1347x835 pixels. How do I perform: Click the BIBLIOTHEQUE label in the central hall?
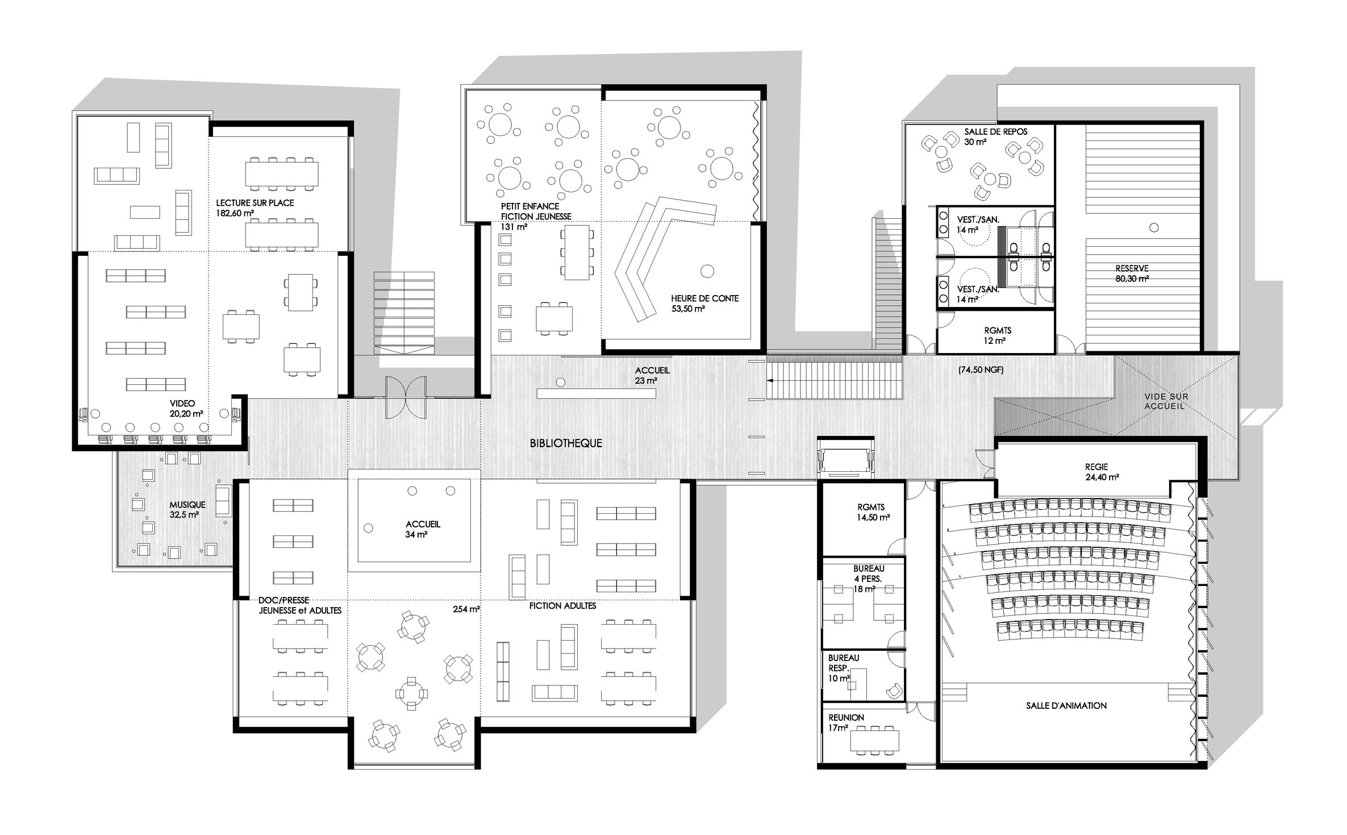point(566,443)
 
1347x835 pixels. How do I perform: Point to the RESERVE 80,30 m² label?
point(1132,273)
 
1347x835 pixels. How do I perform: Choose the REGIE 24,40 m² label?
point(1102,472)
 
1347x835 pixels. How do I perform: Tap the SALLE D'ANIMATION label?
point(1066,705)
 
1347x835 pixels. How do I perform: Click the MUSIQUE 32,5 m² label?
point(187,510)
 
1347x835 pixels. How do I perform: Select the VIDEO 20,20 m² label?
point(186,409)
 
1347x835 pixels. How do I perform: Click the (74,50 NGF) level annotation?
point(981,370)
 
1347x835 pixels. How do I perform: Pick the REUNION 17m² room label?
point(846,722)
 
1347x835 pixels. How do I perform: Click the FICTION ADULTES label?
point(562,606)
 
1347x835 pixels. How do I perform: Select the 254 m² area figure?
point(466,609)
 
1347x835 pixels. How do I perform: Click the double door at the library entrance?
point(406,397)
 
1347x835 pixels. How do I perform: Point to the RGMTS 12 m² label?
point(998,335)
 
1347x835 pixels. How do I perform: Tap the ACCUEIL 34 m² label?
point(423,529)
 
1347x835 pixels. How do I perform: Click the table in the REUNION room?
point(874,740)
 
